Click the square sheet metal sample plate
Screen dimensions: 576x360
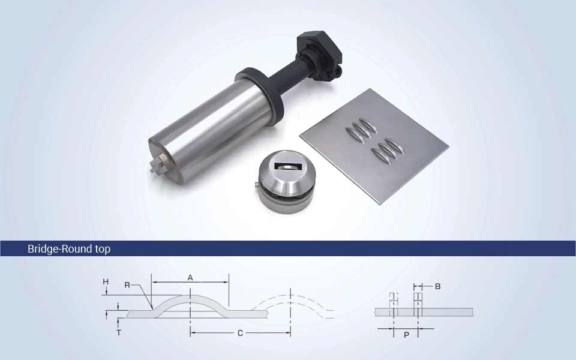(374, 146)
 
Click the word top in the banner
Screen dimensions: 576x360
(103, 250)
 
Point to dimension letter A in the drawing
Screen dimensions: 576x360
(190, 278)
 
